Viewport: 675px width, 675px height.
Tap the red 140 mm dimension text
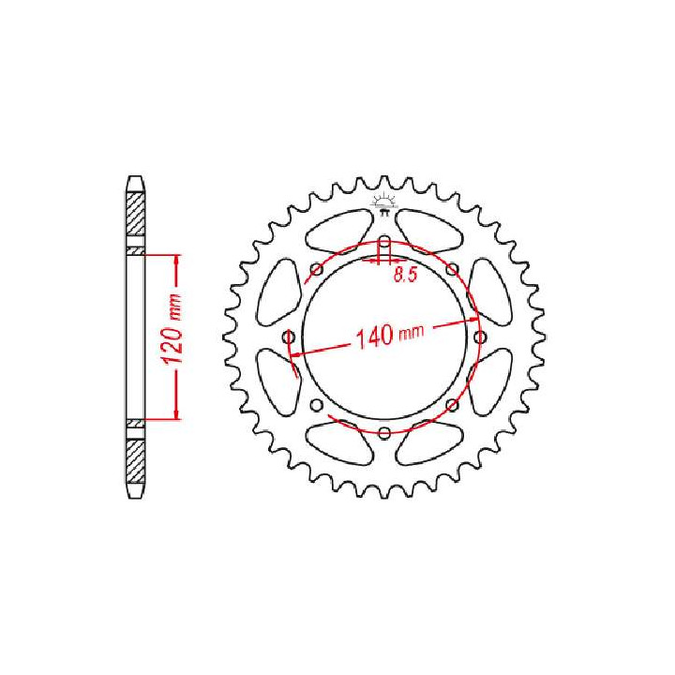pos(390,335)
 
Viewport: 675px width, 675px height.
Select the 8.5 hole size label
pos(406,275)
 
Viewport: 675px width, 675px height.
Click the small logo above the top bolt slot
pos(383,204)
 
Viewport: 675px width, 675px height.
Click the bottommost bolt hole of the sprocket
pos(384,432)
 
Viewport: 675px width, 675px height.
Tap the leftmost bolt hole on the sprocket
pos(289,337)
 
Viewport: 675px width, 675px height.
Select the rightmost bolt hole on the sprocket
pos(480,337)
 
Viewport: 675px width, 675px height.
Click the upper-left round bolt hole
pos(317,270)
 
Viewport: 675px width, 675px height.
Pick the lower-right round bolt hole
pos(452,405)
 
